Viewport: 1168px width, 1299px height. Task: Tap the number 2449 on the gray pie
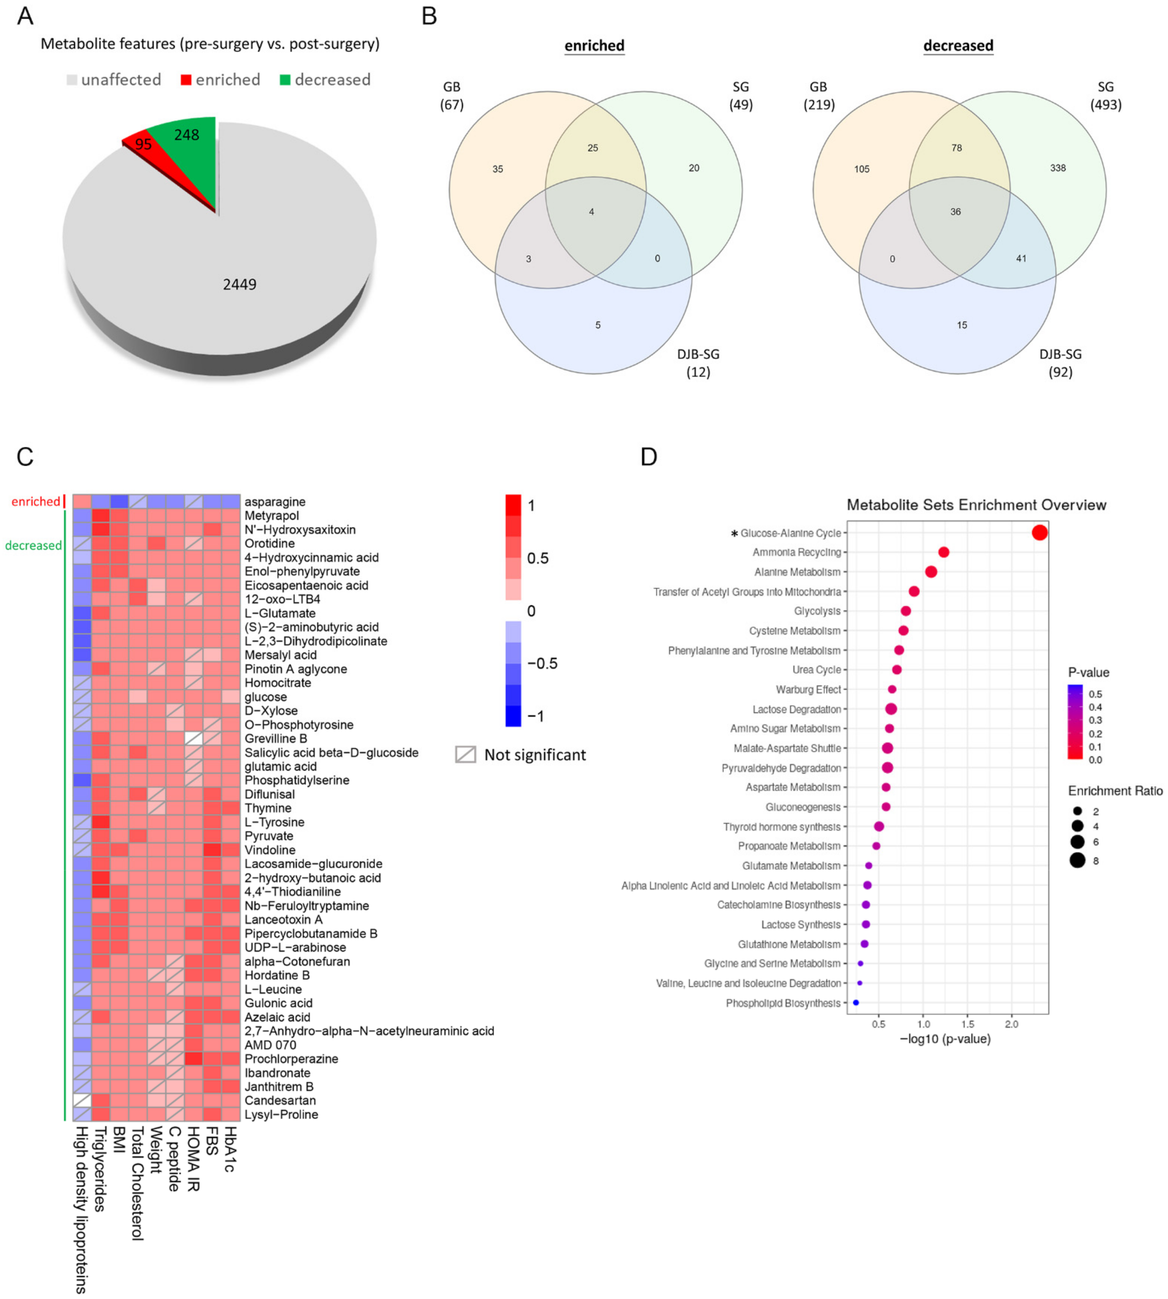click(239, 284)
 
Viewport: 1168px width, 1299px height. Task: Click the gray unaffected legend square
click(72, 80)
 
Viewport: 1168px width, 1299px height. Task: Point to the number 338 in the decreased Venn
click(1058, 168)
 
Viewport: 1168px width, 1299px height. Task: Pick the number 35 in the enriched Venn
click(497, 170)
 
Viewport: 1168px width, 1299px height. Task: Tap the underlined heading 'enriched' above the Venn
click(594, 46)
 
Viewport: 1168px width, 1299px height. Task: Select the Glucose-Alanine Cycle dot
click(1040, 533)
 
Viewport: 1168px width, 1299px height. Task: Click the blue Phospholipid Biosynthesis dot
click(855, 1003)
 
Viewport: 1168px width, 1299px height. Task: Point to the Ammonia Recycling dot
click(943, 552)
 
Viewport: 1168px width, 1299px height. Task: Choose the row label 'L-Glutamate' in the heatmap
click(280, 613)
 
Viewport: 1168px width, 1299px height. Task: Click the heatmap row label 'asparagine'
click(275, 502)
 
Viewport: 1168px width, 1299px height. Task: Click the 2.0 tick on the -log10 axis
click(1011, 1024)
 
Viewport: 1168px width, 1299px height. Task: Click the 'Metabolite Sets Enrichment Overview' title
click(976, 505)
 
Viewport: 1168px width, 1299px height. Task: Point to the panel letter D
click(649, 457)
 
